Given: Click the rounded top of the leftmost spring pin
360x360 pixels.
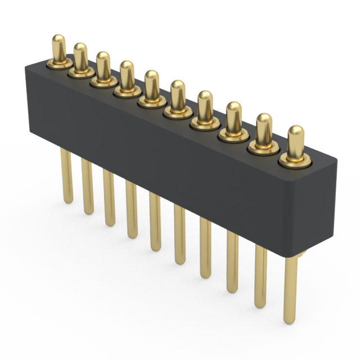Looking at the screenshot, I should pyautogui.click(x=58, y=40).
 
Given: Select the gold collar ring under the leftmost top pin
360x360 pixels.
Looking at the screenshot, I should pyautogui.click(x=59, y=64).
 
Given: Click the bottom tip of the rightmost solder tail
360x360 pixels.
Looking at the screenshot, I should pyautogui.click(x=290, y=321).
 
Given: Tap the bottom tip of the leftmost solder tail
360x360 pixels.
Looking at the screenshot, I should pyautogui.click(x=67, y=199).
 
